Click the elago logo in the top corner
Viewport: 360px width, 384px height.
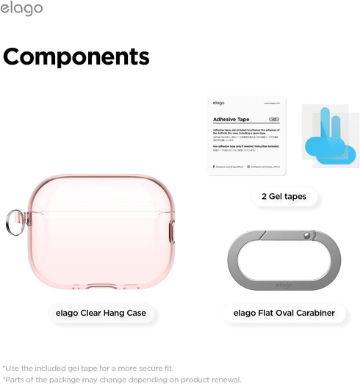point(22,9)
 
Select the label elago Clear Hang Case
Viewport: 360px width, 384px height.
point(101,313)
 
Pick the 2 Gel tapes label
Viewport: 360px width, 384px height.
point(284,196)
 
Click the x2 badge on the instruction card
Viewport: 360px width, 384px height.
point(273,117)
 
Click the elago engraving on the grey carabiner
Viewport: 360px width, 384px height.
point(284,285)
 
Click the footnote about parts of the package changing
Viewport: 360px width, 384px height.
point(121,379)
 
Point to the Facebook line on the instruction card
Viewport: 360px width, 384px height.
point(225,167)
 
